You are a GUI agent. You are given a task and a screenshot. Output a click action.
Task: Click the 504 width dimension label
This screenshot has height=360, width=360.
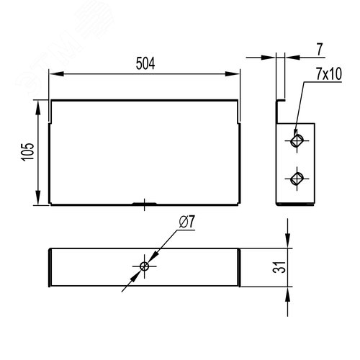coord(145,63)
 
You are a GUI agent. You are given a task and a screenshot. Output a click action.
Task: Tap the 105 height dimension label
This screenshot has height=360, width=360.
coord(28,152)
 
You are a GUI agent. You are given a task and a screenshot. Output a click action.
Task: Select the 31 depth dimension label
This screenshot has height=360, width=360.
coord(279,267)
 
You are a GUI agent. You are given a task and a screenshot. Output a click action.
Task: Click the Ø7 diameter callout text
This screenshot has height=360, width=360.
coord(187,222)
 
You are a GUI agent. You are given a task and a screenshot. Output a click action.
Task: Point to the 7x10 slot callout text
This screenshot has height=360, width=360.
coord(329,73)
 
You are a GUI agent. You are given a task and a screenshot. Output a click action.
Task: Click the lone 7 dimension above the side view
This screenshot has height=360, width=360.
coord(320,50)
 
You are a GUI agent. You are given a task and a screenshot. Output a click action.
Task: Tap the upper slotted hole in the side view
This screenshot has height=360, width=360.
coord(297,140)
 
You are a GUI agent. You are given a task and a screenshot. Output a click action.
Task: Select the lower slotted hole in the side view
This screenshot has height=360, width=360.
coord(297,179)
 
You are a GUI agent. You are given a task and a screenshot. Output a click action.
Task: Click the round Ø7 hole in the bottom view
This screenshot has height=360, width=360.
coord(144,266)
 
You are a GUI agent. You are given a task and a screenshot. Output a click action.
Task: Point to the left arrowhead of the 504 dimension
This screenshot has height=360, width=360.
coord(56,73)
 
